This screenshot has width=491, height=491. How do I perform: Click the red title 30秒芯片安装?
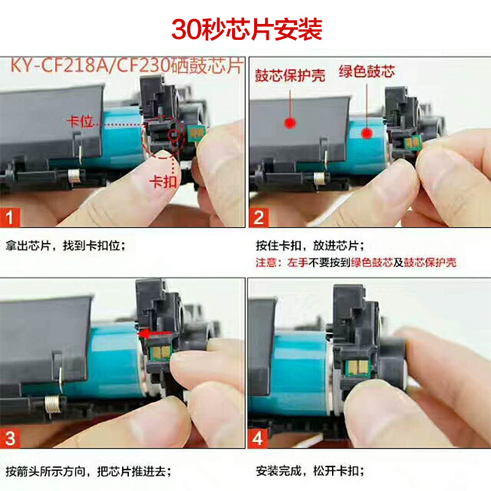pyautogui.click(x=246, y=29)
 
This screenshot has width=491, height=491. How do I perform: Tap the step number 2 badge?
pyautogui.click(x=260, y=217)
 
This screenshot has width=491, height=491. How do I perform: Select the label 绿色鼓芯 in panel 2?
pyautogui.click(x=366, y=72)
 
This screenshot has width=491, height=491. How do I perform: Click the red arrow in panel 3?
pyautogui.click(x=153, y=334)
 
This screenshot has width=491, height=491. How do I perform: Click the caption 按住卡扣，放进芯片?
pyautogui.click(x=309, y=247)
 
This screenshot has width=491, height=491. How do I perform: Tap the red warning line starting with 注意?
pyautogui.click(x=356, y=263)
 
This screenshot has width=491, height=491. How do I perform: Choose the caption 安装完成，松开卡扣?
pyautogui.click(x=309, y=471)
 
